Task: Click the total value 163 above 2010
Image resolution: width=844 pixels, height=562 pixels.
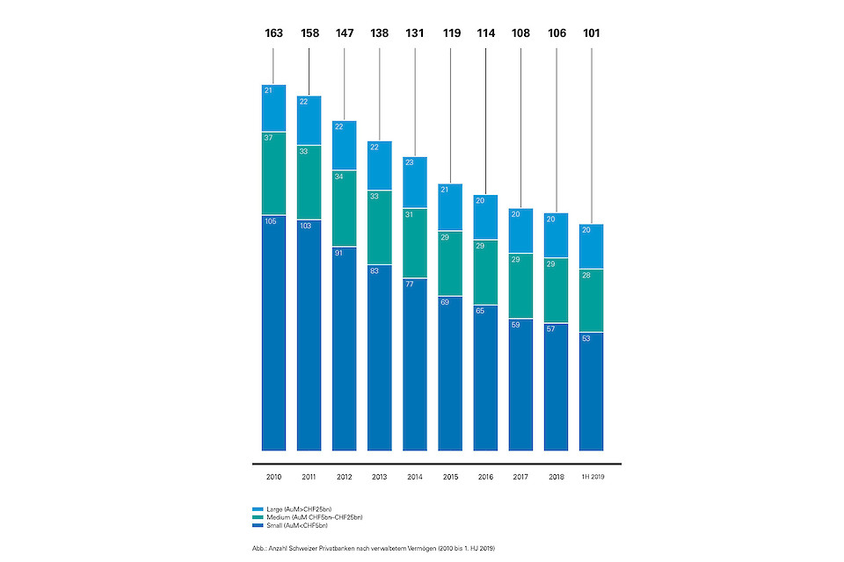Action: (x=273, y=34)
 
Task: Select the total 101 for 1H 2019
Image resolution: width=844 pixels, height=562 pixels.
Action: (x=591, y=34)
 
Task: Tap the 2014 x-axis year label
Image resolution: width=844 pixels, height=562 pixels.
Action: (x=414, y=477)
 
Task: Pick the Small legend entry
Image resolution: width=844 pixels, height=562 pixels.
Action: (x=290, y=525)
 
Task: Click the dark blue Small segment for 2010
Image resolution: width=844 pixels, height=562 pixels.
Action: (x=273, y=334)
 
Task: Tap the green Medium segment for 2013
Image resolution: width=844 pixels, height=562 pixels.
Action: (x=379, y=227)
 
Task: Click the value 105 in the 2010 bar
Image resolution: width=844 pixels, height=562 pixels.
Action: (x=270, y=221)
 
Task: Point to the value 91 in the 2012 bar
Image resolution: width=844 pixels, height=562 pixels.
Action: (x=339, y=253)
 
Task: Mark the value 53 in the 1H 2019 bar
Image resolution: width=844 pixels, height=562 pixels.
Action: (x=586, y=338)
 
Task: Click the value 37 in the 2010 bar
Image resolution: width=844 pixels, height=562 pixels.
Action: (x=269, y=138)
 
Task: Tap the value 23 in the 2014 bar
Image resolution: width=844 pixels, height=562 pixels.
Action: (x=410, y=162)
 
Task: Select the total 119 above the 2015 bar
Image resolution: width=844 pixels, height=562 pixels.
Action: (x=450, y=34)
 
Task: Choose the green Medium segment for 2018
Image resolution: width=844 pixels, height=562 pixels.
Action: (x=556, y=291)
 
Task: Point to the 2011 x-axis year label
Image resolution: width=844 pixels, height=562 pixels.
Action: (x=309, y=477)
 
